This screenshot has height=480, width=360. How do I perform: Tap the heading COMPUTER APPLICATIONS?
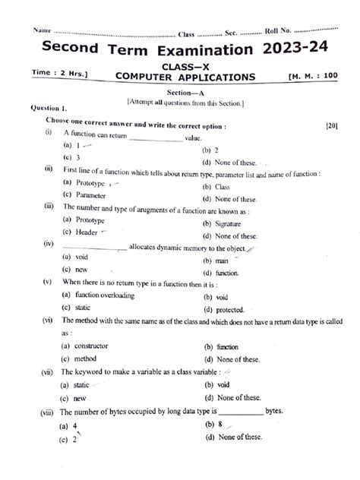pos(185,77)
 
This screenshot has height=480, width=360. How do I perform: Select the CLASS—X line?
pos(185,65)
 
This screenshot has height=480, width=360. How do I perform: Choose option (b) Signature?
pos(220,224)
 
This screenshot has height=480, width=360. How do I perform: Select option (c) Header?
pos(81,232)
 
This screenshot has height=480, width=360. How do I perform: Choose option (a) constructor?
pos(86,346)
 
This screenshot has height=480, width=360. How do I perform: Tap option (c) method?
pos(81,358)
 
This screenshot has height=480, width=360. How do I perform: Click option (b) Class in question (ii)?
pos(216,186)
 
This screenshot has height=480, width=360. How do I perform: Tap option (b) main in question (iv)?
pos(216,261)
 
